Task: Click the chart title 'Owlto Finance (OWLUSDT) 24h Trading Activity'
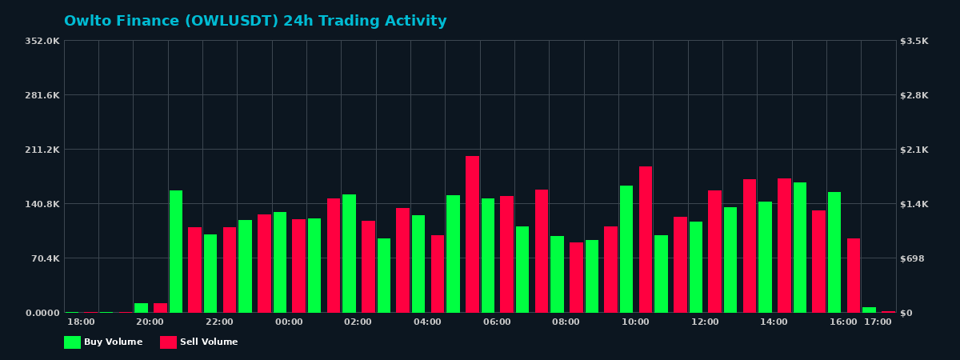point(255,22)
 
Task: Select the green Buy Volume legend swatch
point(72,342)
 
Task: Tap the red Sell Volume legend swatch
point(168,342)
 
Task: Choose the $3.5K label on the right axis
point(914,41)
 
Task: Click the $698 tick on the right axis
point(913,258)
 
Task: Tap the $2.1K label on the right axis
point(914,150)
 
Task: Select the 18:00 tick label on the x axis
point(81,322)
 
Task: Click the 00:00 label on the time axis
point(289,322)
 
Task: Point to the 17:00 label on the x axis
point(878,322)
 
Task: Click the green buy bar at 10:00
point(626,249)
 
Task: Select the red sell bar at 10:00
point(646,239)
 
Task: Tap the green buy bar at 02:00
point(349,253)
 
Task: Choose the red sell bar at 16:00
point(854,275)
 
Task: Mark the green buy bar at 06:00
point(488,255)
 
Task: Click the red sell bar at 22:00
point(230,270)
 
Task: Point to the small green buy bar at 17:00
point(869,310)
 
